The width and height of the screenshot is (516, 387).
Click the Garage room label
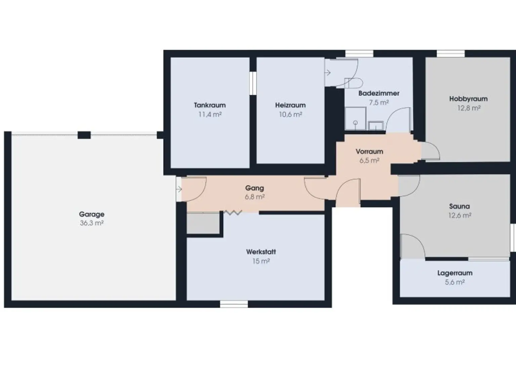[92, 215]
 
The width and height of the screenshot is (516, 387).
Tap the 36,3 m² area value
[92, 223]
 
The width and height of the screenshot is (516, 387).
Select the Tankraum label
[210, 105]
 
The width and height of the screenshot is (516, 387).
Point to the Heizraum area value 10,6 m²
[291, 115]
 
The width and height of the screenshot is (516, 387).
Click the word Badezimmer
[379, 93]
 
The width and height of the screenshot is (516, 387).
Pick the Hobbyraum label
[468, 99]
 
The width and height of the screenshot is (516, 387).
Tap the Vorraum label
[369, 152]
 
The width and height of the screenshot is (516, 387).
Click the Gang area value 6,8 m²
[255, 197]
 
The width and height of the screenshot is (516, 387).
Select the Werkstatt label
[261, 252]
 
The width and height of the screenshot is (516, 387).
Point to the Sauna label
[459, 206]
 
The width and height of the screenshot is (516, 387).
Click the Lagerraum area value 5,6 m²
[455, 282]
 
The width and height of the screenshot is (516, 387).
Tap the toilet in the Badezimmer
[353, 83]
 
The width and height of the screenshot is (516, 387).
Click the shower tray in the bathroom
[355, 118]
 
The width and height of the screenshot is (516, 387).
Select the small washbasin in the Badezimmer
[376, 126]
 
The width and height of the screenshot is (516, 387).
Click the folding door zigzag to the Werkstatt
[233, 213]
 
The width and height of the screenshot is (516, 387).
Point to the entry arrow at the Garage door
[179, 189]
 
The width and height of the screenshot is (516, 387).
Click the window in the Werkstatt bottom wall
[234, 304]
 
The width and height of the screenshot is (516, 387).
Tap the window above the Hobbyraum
[450, 53]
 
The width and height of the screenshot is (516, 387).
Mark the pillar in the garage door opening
[84, 135]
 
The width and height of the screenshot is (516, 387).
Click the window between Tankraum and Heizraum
[253, 83]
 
